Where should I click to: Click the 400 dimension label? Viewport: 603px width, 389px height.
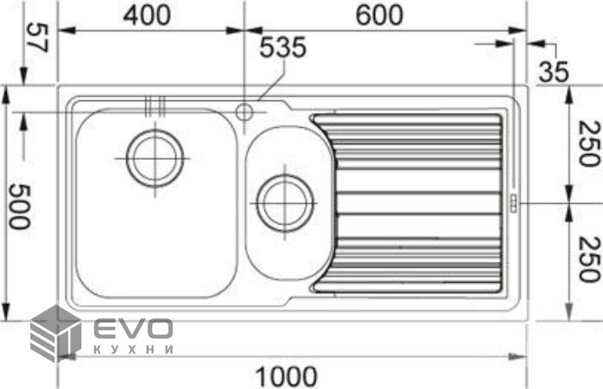click(147, 16)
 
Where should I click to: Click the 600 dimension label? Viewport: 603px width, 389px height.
click(379, 16)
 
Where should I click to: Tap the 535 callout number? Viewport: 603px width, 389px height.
click(283, 48)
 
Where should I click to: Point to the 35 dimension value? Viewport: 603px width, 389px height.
click(554, 72)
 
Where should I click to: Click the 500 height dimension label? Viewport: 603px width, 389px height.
click(19, 207)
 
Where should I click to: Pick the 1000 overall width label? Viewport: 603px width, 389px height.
click(287, 376)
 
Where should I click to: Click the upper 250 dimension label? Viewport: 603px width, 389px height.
click(589, 143)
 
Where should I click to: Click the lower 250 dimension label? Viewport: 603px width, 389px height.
click(589, 259)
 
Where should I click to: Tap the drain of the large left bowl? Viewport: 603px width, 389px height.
click(155, 158)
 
